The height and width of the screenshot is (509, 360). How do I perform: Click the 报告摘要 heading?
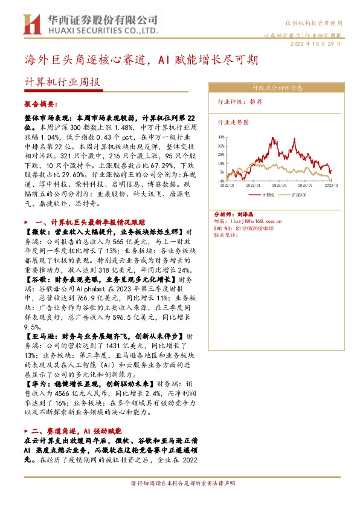point(40,104)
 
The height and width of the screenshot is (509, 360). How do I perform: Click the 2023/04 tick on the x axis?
point(279,185)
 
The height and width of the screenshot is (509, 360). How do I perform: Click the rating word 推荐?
point(256,103)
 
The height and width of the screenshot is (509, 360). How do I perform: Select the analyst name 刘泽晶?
point(243,214)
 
